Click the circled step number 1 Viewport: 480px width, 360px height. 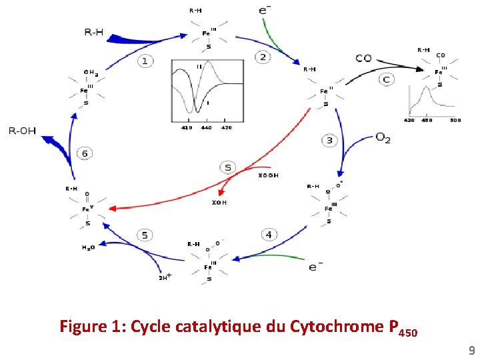145,61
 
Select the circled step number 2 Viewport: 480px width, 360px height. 263,57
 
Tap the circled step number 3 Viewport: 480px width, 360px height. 329,140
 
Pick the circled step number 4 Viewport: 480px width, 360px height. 269,234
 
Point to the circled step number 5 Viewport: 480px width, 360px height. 145,235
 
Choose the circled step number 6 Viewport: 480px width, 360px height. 85,153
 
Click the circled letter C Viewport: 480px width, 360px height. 387,79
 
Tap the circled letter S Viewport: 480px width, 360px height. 228,167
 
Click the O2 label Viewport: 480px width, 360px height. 383,138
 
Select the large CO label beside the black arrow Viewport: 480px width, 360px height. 363,58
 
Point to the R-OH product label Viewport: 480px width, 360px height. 22,131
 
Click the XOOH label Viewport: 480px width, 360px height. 268,175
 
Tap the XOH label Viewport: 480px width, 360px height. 219,202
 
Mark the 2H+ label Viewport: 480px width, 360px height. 165,277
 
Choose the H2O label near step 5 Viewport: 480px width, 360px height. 89,247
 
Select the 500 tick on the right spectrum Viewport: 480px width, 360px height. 455,121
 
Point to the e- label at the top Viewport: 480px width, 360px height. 264,10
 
